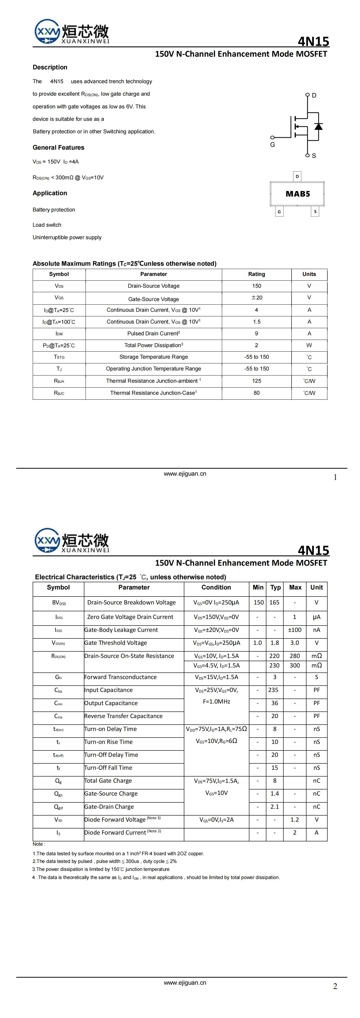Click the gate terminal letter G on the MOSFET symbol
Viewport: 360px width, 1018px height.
[272, 145]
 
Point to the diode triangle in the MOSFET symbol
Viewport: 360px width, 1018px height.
[318, 127]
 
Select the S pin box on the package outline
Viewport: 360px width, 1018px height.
[315, 212]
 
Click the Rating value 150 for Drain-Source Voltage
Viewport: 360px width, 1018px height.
[256, 286]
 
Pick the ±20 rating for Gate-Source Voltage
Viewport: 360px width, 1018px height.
[256, 297]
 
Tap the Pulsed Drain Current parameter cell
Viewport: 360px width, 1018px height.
[153, 334]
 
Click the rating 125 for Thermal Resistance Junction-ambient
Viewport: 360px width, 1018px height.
[256, 381]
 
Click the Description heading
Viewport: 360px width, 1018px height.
[50, 67]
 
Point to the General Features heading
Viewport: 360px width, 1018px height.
[58, 147]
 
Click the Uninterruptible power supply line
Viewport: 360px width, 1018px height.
[67, 238]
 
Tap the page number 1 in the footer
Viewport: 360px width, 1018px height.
[335, 477]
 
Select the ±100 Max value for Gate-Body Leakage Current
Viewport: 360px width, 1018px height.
[294, 630]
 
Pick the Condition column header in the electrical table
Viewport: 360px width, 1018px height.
[216, 587]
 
